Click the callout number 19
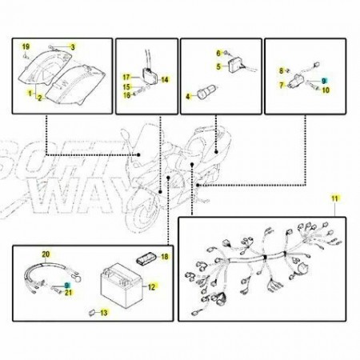pos(26,47)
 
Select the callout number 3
pos(73,47)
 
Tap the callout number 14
pos(165,79)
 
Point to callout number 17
pos(126,78)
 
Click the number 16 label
pos(127,95)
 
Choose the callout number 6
pos(218,54)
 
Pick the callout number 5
pos(218,66)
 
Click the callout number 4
pos(188,96)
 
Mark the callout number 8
pos(281,71)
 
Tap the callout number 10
pos(326,90)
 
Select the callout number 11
pos(334,198)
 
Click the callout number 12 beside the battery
pos(151,287)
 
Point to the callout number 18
pos(165,257)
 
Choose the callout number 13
pos(104,313)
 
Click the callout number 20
pos(46,254)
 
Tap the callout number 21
pos(69,293)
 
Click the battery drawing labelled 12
pos(122,286)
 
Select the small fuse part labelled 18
pos(146,259)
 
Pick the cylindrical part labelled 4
pos(206,91)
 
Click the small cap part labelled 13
pos(92,313)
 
